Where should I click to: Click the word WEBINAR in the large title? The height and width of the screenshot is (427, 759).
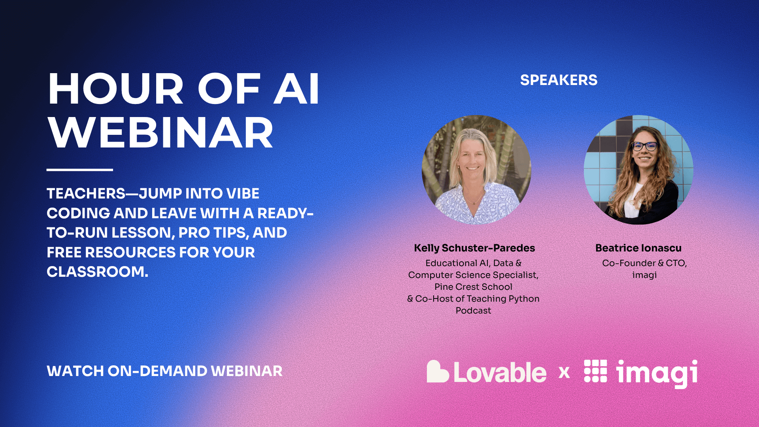tap(160, 133)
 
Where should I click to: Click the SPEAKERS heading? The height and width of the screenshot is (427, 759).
tap(558, 80)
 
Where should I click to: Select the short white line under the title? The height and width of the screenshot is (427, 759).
tap(79, 170)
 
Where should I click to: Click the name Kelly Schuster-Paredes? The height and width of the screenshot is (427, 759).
tap(474, 248)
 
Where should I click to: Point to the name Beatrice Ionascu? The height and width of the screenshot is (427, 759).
tap(638, 248)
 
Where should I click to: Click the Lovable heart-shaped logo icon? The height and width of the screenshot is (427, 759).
tap(437, 372)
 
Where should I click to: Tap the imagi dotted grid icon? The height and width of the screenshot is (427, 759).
tap(595, 371)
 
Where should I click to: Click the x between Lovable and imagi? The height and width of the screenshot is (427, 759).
tap(564, 372)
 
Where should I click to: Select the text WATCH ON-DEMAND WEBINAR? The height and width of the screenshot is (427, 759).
tap(164, 371)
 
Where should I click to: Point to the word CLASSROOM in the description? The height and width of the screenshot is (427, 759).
tap(97, 272)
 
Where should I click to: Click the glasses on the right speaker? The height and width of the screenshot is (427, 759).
tap(644, 146)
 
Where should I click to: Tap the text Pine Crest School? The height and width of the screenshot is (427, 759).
tap(473, 287)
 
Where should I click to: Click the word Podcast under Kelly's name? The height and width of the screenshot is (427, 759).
tap(473, 310)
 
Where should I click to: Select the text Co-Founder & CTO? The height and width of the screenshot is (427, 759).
tap(644, 263)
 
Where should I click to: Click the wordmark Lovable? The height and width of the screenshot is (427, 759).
tap(500, 372)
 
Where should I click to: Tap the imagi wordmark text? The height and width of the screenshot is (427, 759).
tap(657, 372)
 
